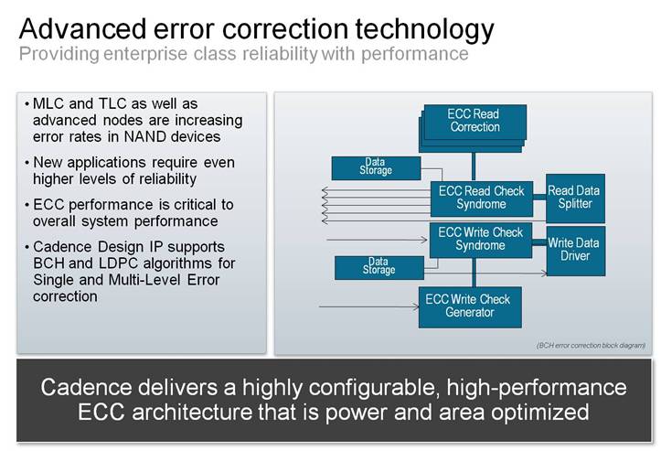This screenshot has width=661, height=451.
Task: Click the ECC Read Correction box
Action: (473, 128)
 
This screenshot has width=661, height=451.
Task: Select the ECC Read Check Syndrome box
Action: (482, 199)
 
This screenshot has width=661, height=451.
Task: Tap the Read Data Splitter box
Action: (575, 198)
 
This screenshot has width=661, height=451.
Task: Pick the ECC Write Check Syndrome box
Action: (481, 240)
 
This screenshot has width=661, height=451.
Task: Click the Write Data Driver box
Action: (576, 251)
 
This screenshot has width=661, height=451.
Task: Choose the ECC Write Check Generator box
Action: (470, 307)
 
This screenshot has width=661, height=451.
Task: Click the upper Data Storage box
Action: (376, 168)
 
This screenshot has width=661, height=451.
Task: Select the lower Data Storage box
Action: (379, 268)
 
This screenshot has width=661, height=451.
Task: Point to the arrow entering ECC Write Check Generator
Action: (368, 306)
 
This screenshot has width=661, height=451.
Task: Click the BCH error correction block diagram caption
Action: (591, 346)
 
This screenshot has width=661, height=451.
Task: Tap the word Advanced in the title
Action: (82, 28)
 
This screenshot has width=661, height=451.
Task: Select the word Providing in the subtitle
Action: (59, 54)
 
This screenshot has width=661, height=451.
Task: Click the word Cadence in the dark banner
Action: (87, 387)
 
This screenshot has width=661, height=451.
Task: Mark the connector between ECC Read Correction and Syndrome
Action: (474, 167)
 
